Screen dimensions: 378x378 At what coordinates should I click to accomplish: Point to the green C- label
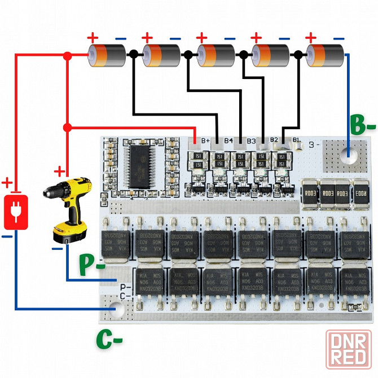(x=109, y=338)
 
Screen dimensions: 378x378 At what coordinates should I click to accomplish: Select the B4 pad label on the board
(x=228, y=140)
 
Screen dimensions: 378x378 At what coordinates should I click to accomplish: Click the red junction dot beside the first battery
(x=68, y=55)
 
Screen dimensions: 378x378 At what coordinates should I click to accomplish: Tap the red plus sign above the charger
(x=7, y=183)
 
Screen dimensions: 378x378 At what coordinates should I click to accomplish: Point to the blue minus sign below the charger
(x=7, y=237)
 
